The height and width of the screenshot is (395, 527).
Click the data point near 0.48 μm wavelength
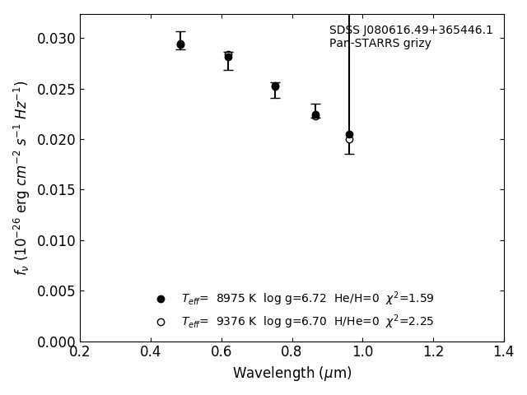click(180, 44)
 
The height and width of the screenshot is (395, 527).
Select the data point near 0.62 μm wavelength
click(228, 57)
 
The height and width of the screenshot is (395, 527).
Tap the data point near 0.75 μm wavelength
click(275, 86)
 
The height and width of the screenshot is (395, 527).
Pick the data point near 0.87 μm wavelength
click(315, 115)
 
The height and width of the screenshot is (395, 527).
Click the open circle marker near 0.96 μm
click(349, 140)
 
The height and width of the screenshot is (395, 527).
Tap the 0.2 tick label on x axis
click(80, 352)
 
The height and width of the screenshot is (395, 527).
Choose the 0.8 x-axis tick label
click(292, 352)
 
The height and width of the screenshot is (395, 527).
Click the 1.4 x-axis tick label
click(504, 352)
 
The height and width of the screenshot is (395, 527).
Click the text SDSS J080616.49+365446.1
click(411, 30)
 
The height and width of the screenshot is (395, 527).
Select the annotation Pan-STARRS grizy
click(380, 44)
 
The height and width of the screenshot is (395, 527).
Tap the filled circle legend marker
click(161, 299)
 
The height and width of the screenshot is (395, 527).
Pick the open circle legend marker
click(161, 322)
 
